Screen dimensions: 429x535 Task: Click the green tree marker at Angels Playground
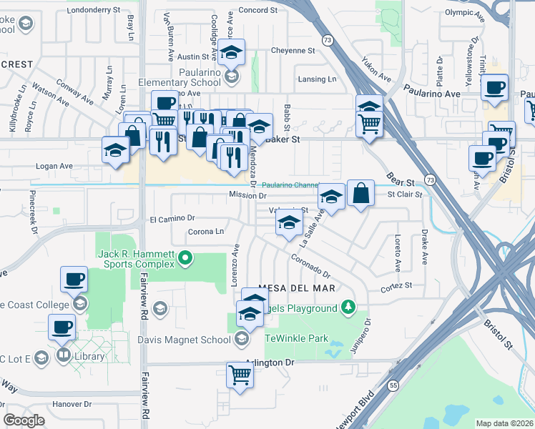tap(348, 307)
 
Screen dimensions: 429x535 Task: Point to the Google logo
tap(24, 420)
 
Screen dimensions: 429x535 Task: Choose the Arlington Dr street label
tap(270, 363)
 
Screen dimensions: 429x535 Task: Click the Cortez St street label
tap(397, 285)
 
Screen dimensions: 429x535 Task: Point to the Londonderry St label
tap(94, 10)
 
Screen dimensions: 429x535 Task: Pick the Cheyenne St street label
tap(293, 51)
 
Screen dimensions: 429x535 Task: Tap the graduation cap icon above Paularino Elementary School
tap(231, 52)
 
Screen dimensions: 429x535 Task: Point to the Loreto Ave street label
tap(398, 254)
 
